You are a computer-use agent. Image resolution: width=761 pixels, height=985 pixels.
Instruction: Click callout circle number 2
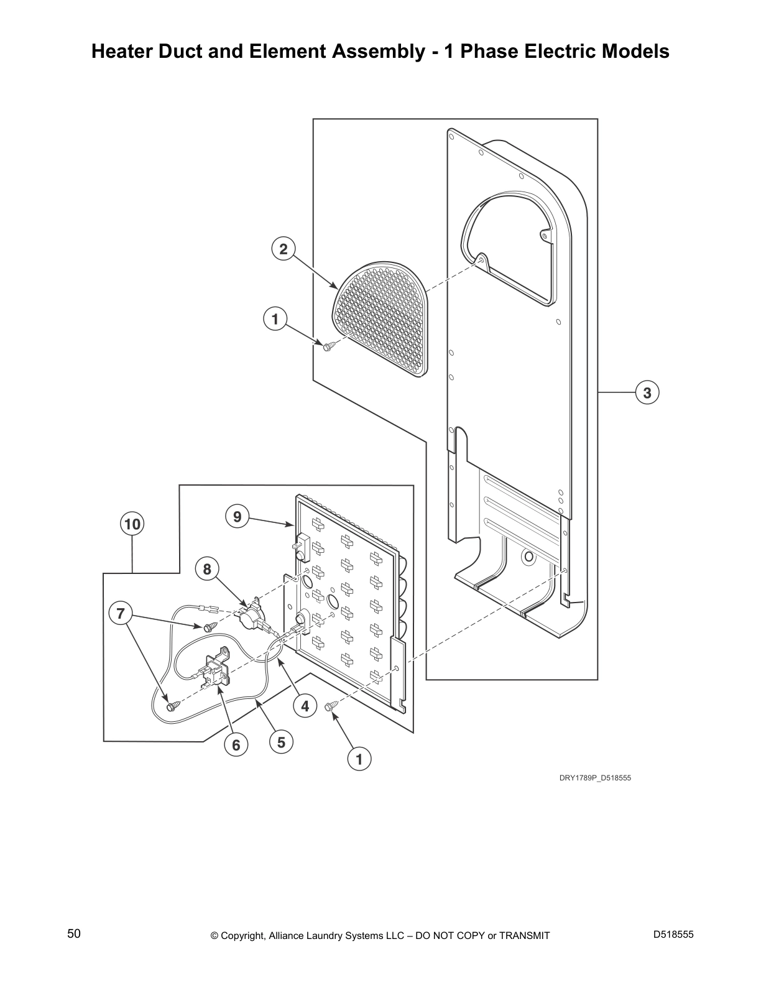pos(284,249)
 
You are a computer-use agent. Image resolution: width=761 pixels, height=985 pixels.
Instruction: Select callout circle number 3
pos(647,392)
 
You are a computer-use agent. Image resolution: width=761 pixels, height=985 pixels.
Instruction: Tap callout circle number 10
pos(132,524)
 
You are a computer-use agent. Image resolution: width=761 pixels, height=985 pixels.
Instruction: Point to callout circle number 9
pos(236,516)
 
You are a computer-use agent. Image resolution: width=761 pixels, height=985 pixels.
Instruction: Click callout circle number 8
pos(207,568)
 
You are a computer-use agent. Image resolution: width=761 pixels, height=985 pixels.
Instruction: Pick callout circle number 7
pos(121,614)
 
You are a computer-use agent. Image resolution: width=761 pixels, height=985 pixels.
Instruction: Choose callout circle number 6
pos(236,744)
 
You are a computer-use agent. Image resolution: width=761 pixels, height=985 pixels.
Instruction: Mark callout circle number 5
pos(281,742)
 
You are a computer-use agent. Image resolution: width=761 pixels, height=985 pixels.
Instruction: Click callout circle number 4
pos(305,706)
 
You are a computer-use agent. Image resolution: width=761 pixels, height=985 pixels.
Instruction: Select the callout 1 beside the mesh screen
pos(275,320)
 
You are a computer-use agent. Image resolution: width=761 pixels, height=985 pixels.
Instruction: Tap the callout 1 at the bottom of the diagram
pos(359,759)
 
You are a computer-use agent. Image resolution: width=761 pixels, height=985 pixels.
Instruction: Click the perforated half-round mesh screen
pos(382,317)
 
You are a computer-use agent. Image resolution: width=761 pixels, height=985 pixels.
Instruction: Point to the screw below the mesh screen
pos(329,346)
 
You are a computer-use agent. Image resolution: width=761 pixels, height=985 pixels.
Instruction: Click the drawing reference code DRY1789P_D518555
pos(594,778)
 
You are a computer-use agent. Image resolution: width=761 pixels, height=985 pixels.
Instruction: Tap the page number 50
pos(74,933)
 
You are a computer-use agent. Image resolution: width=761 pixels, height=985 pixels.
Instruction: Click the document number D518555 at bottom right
pos(673,935)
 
